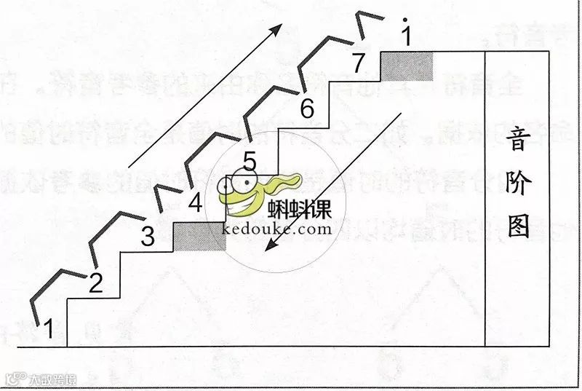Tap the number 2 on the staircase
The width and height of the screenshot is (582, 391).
click(x=95, y=283)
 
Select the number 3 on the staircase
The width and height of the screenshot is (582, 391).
click(x=147, y=237)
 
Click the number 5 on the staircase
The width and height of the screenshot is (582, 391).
click(x=249, y=159)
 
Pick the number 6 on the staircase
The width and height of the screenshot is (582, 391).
click(x=306, y=110)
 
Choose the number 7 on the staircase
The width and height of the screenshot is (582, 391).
click(x=357, y=63)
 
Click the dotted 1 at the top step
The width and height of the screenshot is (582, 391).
click(x=406, y=33)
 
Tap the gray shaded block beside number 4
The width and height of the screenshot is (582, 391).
click(x=199, y=237)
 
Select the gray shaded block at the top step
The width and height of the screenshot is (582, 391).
click(x=407, y=66)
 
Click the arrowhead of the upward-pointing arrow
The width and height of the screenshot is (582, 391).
click(x=277, y=27)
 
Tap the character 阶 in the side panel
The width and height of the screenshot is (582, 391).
click(x=517, y=183)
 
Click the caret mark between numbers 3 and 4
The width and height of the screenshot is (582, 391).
click(x=165, y=195)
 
